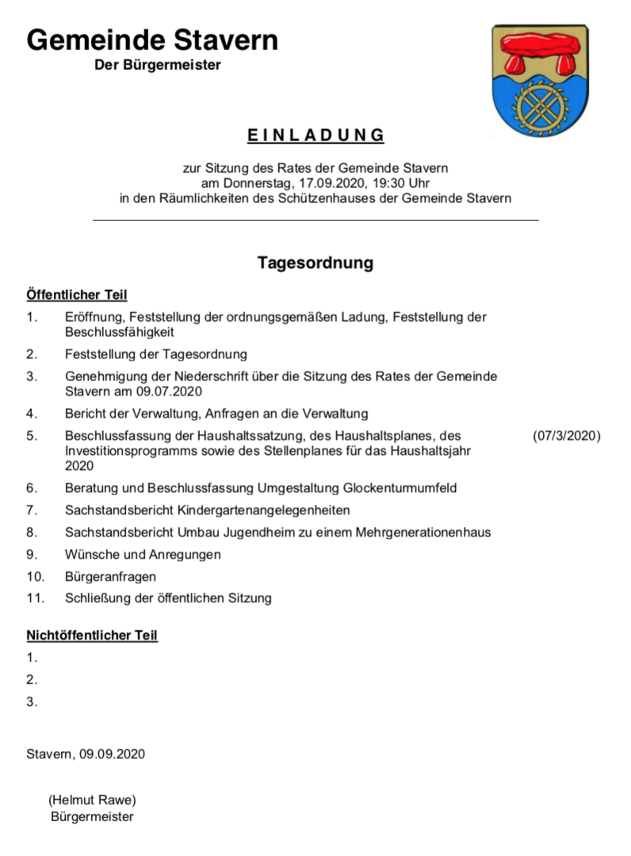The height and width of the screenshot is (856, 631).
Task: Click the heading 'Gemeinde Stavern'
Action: point(152,39)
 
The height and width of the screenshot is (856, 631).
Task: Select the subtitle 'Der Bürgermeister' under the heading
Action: point(158,65)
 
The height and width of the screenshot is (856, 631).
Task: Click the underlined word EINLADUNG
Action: point(315,136)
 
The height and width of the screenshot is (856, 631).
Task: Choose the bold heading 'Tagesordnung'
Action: point(315,263)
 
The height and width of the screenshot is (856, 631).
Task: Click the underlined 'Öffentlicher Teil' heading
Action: point(77,296)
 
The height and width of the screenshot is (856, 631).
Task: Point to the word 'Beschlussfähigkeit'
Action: point(120,332)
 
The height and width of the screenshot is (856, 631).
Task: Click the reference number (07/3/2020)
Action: point(567,436)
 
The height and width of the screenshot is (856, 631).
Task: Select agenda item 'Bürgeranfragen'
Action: point(111,576)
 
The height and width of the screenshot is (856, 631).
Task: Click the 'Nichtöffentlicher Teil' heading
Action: point(92,636)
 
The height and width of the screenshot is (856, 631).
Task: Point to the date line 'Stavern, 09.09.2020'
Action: point(86,754)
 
